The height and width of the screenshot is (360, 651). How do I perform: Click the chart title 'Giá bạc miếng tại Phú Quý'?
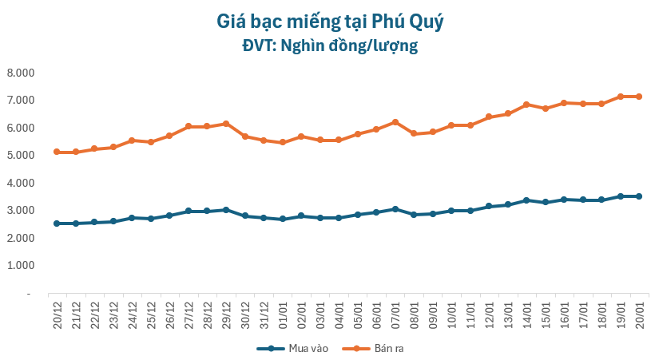click(330, 22)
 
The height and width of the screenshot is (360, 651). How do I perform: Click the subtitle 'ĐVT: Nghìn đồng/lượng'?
click(330, 46)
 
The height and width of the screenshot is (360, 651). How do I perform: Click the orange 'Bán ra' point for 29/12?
click(226, 124)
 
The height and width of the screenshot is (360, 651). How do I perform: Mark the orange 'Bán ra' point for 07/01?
click(395, 122)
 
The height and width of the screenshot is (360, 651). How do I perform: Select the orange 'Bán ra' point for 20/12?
click(57, 152)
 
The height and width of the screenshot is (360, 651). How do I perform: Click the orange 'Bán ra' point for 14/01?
click(526, 105)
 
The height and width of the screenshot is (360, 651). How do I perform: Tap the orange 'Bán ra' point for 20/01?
click(639, 97)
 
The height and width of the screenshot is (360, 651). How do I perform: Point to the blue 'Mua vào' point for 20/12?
click(57, 224)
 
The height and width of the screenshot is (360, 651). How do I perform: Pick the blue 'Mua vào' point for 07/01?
click(395, 209)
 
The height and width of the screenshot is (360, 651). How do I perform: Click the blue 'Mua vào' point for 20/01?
click(639, 196)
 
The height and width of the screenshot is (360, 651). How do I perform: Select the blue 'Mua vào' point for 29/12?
click(226, 210)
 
